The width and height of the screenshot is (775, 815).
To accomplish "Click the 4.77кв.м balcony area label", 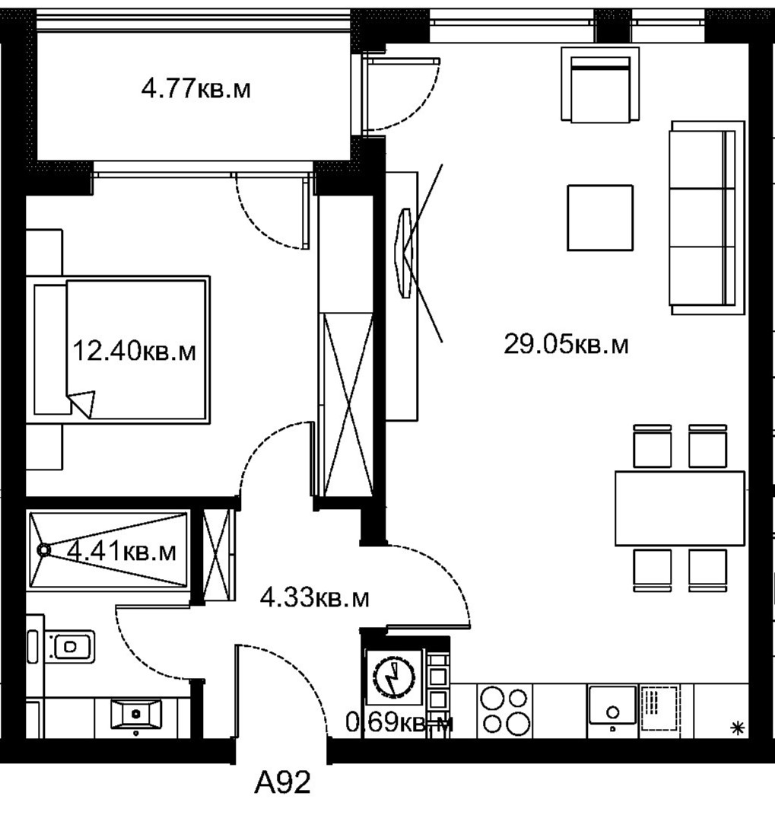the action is tap(195, 89).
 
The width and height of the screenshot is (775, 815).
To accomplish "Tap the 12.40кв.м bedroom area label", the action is tap(134, 351).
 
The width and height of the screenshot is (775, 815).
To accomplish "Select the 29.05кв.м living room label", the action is tap(566, 344).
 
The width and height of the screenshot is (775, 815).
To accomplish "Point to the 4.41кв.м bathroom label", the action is tap(122, 551).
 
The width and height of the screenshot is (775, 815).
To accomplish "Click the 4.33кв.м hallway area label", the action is tap(314, 598).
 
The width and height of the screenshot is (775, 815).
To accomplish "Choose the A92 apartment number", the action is tap(282, 782).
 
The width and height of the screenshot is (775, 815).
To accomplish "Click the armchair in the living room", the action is tap(600, 84).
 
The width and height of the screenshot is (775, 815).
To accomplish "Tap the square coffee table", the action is tap(600, 218).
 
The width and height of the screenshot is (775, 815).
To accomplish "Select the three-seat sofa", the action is tap(707, 218).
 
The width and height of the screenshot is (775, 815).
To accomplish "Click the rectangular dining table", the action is tap(680, 508).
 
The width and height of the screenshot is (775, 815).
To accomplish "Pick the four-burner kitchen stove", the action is tap(504, 711).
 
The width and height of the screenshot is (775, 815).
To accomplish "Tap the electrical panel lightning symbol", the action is tap(395, 678).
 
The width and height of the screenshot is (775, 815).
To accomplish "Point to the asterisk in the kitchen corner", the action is tap(737, 728).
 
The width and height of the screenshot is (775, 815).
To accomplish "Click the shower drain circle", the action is tap(43, 550).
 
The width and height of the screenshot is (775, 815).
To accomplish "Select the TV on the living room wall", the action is tap(404, 253).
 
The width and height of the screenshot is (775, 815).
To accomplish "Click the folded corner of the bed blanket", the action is tap(82, 403).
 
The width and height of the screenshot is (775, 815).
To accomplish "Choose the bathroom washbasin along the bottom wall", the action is tap(136, 714).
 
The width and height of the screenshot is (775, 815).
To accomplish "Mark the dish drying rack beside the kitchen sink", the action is tap(659, 708).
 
